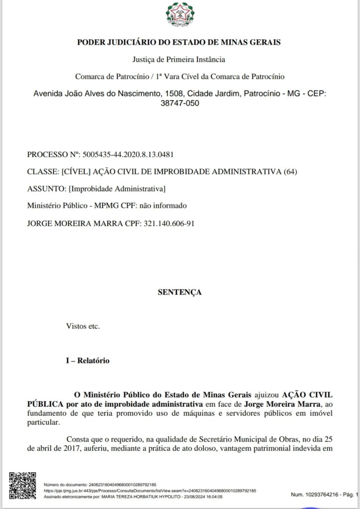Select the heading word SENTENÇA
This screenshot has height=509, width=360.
click(x=180, y=292)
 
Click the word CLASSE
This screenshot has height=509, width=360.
click(x=41, y=172)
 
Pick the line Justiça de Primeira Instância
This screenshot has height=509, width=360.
click(x=180, y=60)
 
